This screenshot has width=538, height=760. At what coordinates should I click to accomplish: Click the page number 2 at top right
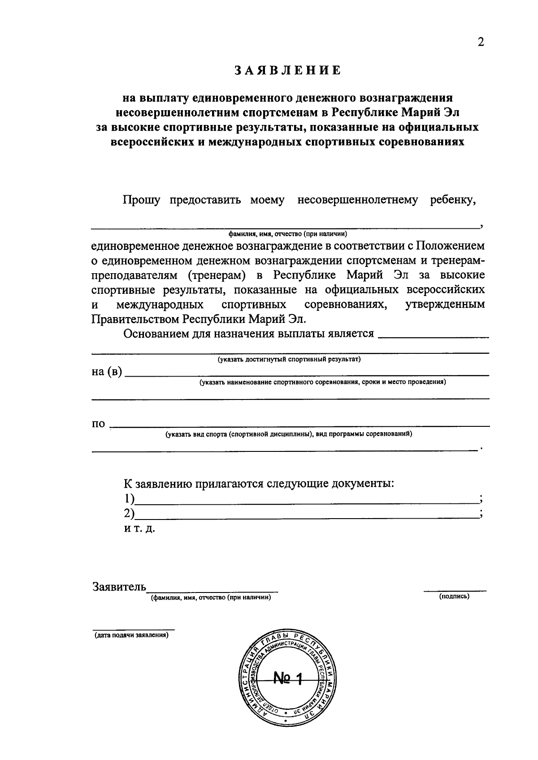click(481, 42)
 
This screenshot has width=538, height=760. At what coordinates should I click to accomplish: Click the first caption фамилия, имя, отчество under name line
click(288, 234)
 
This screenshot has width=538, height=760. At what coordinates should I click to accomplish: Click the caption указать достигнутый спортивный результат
click(289, 360)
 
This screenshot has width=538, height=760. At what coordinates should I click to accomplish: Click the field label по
click(98, 424)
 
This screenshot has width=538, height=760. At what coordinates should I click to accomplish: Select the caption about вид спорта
click(289, 434)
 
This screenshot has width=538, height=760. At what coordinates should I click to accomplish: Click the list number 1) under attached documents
click(130, 498)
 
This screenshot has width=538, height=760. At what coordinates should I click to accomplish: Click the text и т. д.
click(139, 528)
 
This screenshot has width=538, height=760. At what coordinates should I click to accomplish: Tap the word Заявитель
click(119, 587)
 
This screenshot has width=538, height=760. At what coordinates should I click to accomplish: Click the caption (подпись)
click(455, 596)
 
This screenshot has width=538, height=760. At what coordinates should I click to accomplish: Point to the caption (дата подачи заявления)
click(131, 635)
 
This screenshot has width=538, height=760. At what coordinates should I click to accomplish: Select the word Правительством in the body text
click(136, 319)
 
